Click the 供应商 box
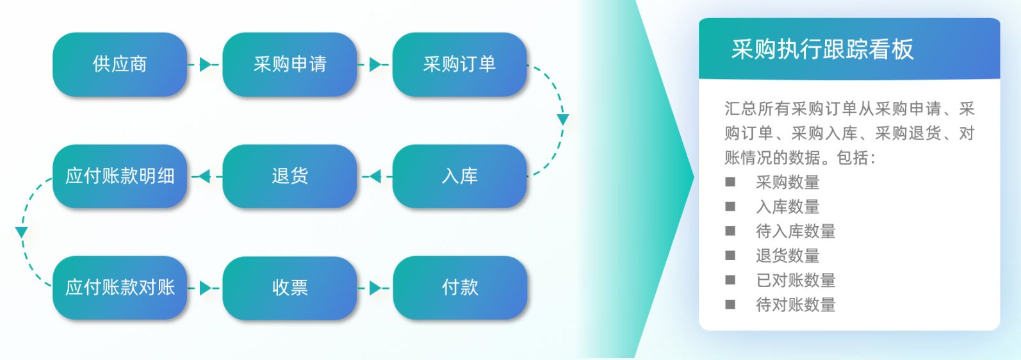coord(120,64)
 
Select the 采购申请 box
coord(290,64)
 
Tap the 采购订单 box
coord(459,64)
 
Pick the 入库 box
coord(459,176)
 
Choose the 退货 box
coord(290,176)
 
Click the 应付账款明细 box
coord(120,176)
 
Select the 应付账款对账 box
coord(120,287)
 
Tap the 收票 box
coord(290,288)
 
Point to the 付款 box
coord(460,288)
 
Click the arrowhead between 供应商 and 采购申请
coord(205,64)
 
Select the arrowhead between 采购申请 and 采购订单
coord(375,64)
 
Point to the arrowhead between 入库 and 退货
coord(375,176)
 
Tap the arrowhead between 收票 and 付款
coord(375,288)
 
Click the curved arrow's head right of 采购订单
coord(562,119)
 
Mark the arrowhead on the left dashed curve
coord(22,231)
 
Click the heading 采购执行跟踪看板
coord(822,49)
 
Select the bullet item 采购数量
coord(787,183)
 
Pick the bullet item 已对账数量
coord(796,280)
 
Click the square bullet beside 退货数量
coord(730,256)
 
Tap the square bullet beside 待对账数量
coord(730,304)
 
